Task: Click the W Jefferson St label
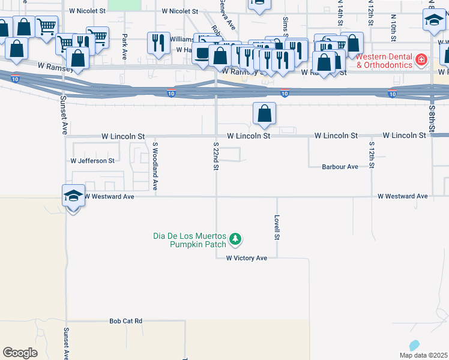92,161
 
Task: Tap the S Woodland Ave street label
155,166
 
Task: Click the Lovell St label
277,227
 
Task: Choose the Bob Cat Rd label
125,321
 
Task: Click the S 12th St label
372,155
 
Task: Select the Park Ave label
124,43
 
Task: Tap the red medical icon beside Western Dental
421,60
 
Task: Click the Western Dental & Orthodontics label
384,60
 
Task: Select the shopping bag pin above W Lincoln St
264,113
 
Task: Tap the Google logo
20,353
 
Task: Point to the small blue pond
413,346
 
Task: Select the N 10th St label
393,27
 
